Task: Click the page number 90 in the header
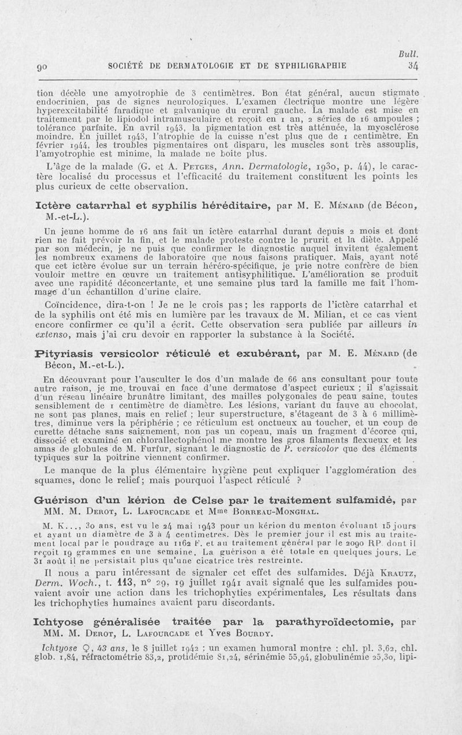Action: coord(41,66)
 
